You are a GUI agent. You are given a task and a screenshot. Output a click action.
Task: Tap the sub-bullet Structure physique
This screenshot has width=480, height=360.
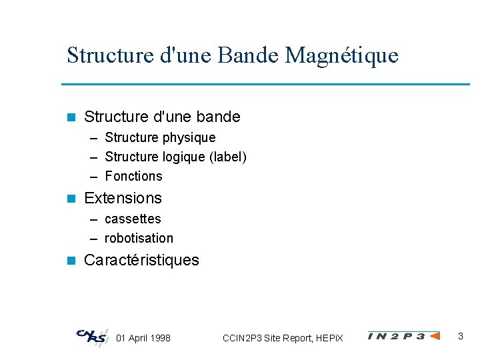pyautogui.click(x=160, y=137)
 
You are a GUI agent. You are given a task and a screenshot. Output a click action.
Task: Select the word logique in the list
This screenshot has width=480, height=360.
pyautogui.click(x=184, y=157)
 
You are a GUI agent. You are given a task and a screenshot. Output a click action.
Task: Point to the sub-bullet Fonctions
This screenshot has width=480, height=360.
pyautogui.click(x=133, y=176)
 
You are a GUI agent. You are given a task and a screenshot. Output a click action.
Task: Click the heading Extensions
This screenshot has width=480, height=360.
pyautogui.click(x=123, y=198)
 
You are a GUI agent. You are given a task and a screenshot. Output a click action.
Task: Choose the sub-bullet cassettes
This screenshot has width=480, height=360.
pyautogui.click(x=133, y=219)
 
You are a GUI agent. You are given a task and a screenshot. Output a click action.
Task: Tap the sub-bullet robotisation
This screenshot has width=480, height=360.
pyautogui.click(x=139, y=238)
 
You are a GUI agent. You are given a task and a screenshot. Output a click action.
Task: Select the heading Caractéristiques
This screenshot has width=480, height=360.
pyautogui.click(x=141, y=260)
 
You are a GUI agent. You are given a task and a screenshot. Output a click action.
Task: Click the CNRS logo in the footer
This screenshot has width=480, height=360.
pyautogui.click(x=91, y=337)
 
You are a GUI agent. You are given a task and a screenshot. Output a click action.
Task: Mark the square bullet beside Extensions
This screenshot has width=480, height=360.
pyautogui.click(x=72, y=198)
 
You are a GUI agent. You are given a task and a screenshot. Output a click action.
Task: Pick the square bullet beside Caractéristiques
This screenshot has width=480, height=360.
pyautogui.click(x=72, y=260)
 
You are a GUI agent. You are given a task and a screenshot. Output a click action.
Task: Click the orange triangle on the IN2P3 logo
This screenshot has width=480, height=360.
pyautogui.click(x=434, y=336)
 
